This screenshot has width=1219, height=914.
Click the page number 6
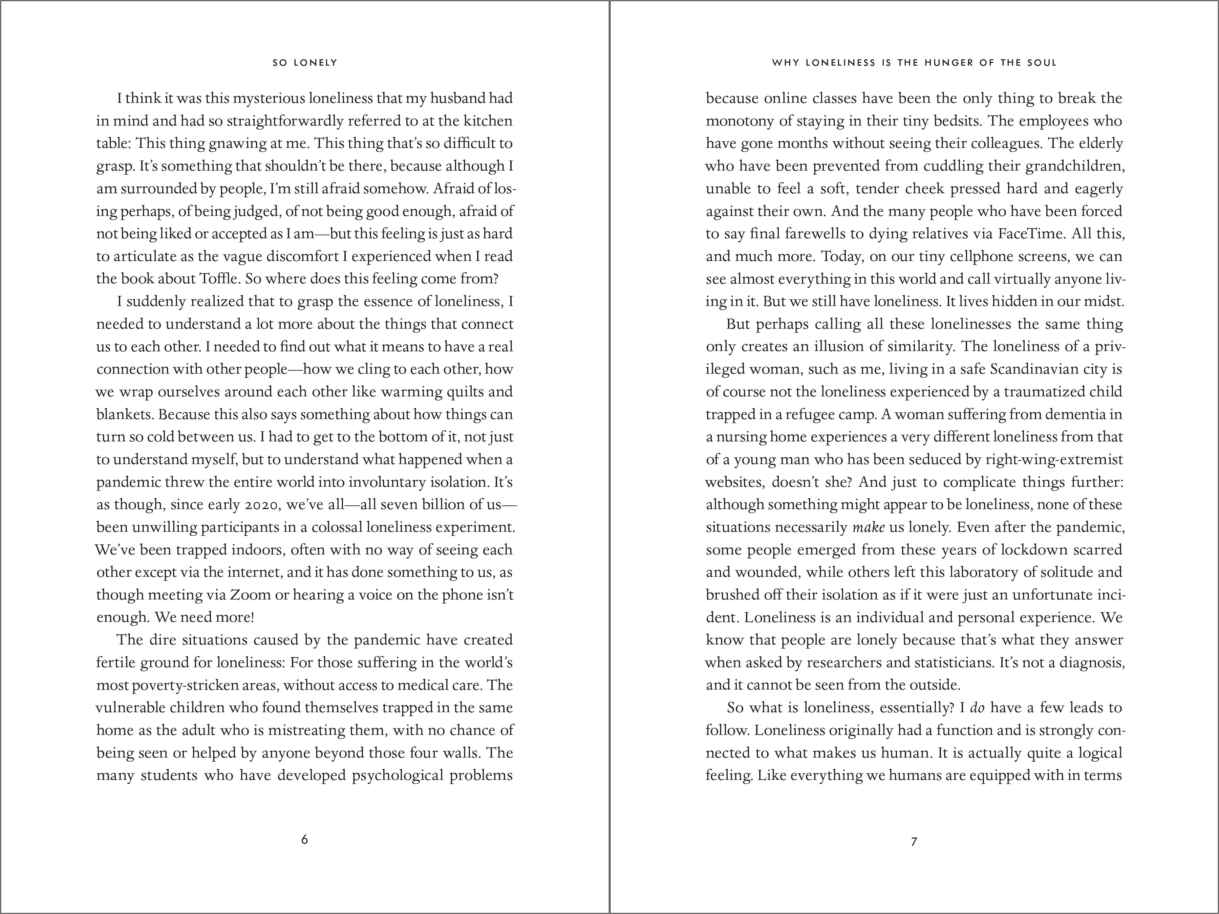(x=304, y=839)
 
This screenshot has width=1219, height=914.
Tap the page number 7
(x=914, y=841)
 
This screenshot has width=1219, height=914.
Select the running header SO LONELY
(x=305, y=63)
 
